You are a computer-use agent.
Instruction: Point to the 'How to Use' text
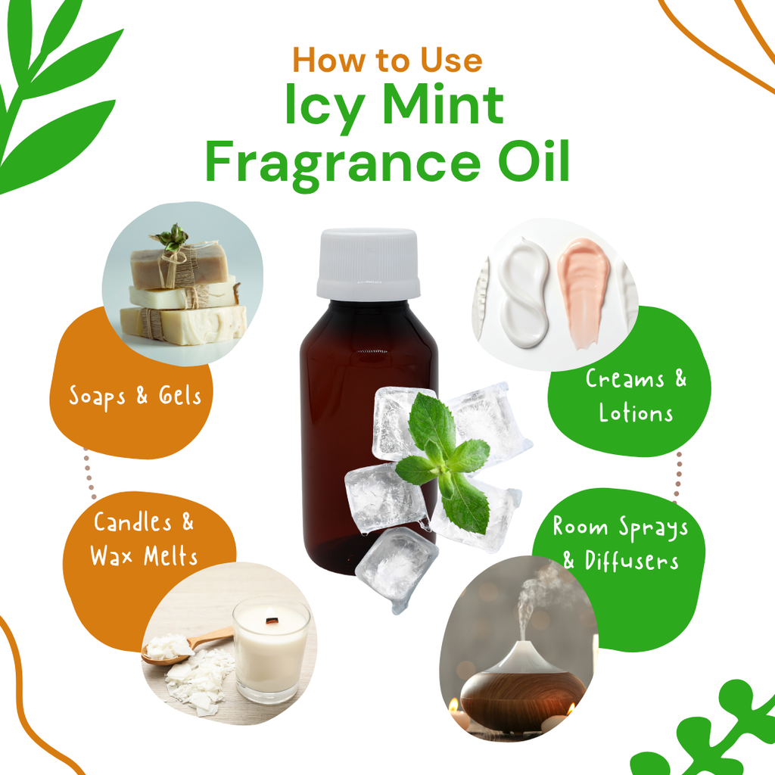coord(387,60)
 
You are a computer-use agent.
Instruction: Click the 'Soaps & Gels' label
coord(135,395)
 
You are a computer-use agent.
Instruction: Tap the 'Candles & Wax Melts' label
coord(144,538)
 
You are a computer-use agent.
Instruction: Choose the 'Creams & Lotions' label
coord(636,395)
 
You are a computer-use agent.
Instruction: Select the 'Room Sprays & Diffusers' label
coord(620,543)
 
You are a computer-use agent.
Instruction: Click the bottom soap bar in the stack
coord(183,324)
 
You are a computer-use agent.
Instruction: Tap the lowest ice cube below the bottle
coord(395,568)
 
